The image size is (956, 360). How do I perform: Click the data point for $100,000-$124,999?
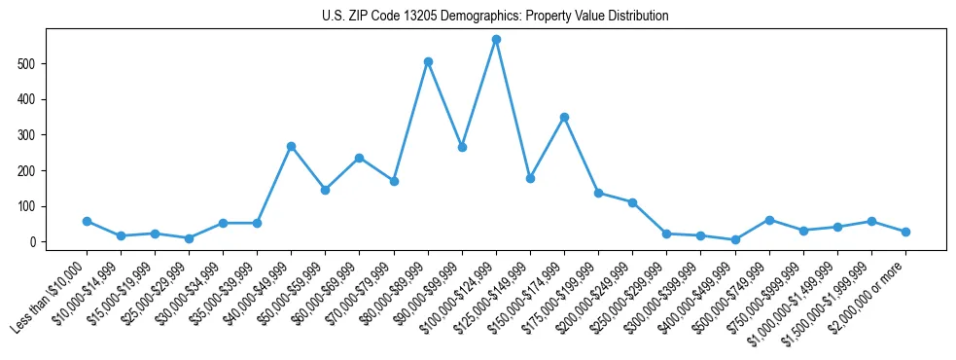tap(496, 39)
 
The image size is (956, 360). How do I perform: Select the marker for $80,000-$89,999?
tap(428, 61)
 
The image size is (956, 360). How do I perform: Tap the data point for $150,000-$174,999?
tap(564, 117)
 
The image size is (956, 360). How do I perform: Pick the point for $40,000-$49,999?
tap(291, 146)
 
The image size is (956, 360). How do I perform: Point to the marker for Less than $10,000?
tap(87, 221)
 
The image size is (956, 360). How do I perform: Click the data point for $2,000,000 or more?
tap(905, 232)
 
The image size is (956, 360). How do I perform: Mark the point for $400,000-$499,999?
tap(735, 239)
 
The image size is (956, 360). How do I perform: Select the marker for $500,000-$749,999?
tap(769, 220)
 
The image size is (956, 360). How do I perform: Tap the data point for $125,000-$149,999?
tap(530, 178)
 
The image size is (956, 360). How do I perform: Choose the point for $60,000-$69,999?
tap(360, 158)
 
